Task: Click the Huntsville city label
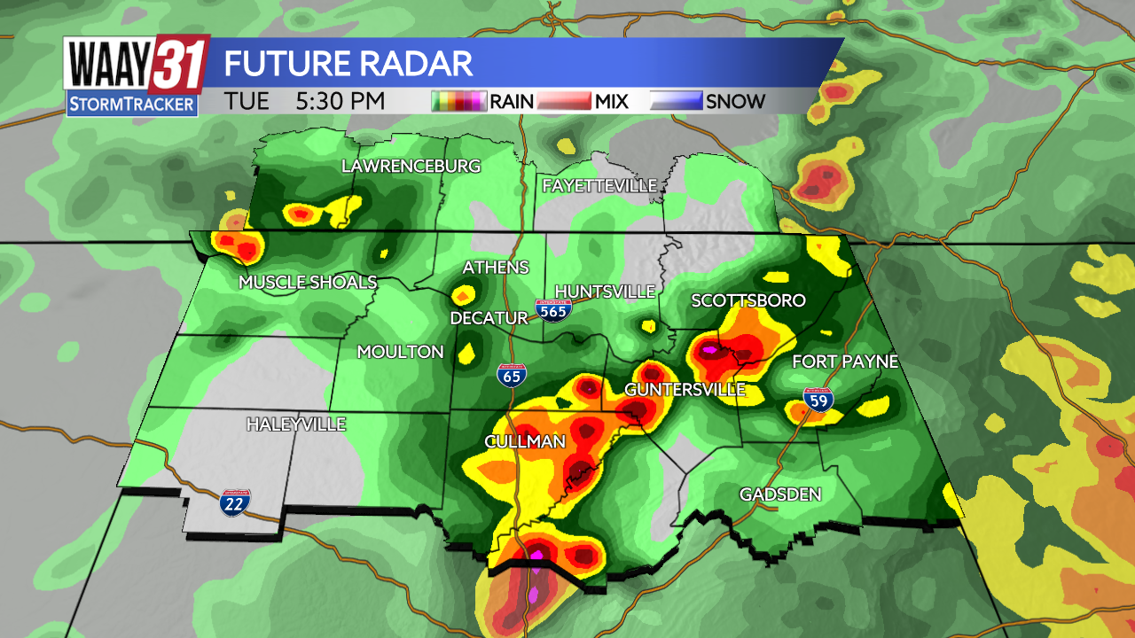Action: click(x=605, y=292)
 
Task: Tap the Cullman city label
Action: click(x=525, y=441)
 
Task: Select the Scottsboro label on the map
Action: click(x=748, y=301)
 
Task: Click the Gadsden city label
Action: click(x=780, y=494)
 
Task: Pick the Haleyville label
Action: click(x=296, y=424)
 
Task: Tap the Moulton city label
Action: click(x=400, y=352)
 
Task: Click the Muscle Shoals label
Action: click(x=308, y=283)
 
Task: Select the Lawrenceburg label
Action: click(x=411, y=167)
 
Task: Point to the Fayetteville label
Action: click(x=599, y=185)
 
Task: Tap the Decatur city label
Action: click(x=489, y=318)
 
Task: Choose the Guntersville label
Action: click(x=685, y=390)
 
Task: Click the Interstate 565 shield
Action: click(x=552, y=311)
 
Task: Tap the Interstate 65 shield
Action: click(x=511, y=376)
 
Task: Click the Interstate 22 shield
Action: click(x=235, y=502)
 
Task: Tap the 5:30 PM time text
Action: click(x=340, y=101)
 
